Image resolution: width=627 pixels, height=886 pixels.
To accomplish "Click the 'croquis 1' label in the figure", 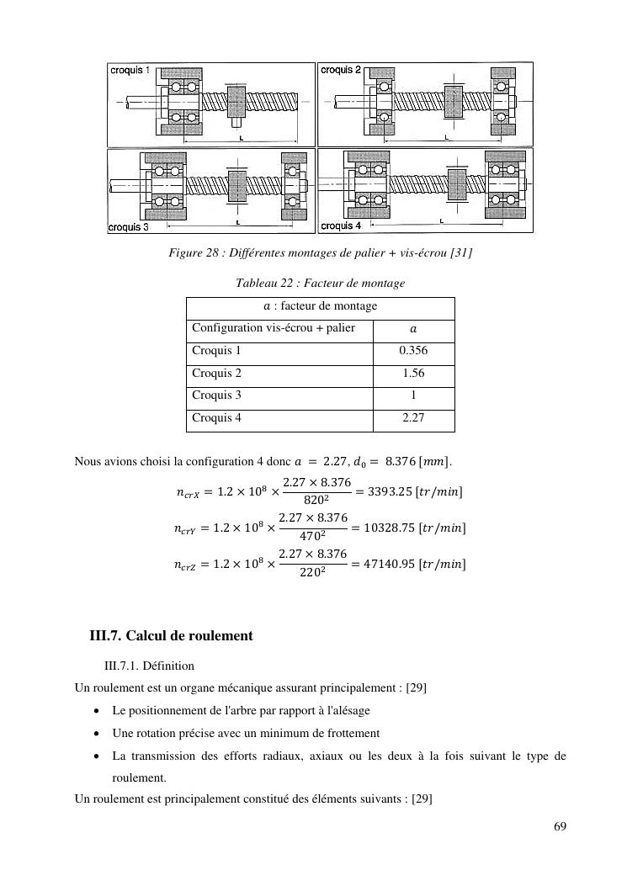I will [130, 71].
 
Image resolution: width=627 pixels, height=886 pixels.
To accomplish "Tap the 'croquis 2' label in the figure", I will [341, 70].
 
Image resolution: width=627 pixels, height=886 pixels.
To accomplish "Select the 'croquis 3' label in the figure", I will [129, 226].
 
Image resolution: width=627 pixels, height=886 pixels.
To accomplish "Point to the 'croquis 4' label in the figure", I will [341, 225].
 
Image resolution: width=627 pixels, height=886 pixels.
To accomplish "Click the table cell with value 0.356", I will [413, 350].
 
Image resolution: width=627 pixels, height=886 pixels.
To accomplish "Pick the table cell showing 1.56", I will [413, 373].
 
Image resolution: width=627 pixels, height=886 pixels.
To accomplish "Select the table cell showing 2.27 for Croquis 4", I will [413, 417].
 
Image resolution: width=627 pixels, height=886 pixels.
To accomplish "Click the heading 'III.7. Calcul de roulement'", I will [172, 636].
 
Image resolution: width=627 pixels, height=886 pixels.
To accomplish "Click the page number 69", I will [560, 825].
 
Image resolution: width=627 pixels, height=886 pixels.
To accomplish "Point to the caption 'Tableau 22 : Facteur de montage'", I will [321, 284].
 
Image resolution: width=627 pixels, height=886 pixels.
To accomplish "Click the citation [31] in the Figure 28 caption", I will [460, 253].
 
